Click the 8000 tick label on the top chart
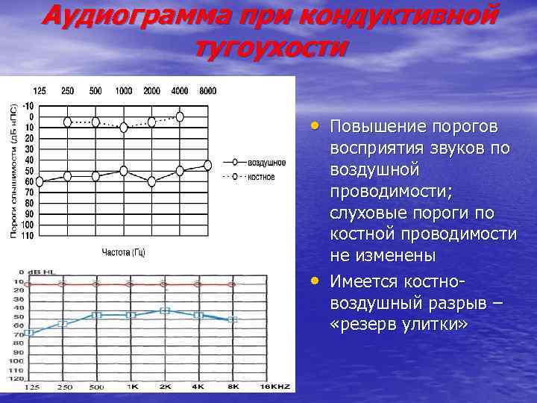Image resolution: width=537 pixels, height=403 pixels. point(208,91)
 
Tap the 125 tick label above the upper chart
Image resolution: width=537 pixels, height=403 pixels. point(39,91)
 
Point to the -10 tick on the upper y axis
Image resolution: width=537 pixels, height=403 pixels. point(28,105)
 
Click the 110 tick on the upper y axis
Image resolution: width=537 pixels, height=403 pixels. point(28,236)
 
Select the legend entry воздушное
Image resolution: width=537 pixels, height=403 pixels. point(266,162)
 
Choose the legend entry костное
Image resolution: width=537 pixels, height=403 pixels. point(262,177)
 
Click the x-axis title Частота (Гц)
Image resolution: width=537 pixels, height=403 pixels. point(123,252)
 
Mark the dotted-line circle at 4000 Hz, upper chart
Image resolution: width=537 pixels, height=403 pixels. point(180,116)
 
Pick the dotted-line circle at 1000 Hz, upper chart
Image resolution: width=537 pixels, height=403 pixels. point(124,128)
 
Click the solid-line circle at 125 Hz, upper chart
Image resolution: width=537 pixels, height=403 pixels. point(40,181)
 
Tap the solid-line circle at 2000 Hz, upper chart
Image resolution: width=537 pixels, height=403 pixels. point(152,181)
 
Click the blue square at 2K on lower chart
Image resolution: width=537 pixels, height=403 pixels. point(165,310)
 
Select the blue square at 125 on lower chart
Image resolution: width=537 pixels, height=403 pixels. point(30,333)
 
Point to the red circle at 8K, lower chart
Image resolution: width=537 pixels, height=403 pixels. point(232,284)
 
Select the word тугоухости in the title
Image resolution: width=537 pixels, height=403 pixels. point(270,46)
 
